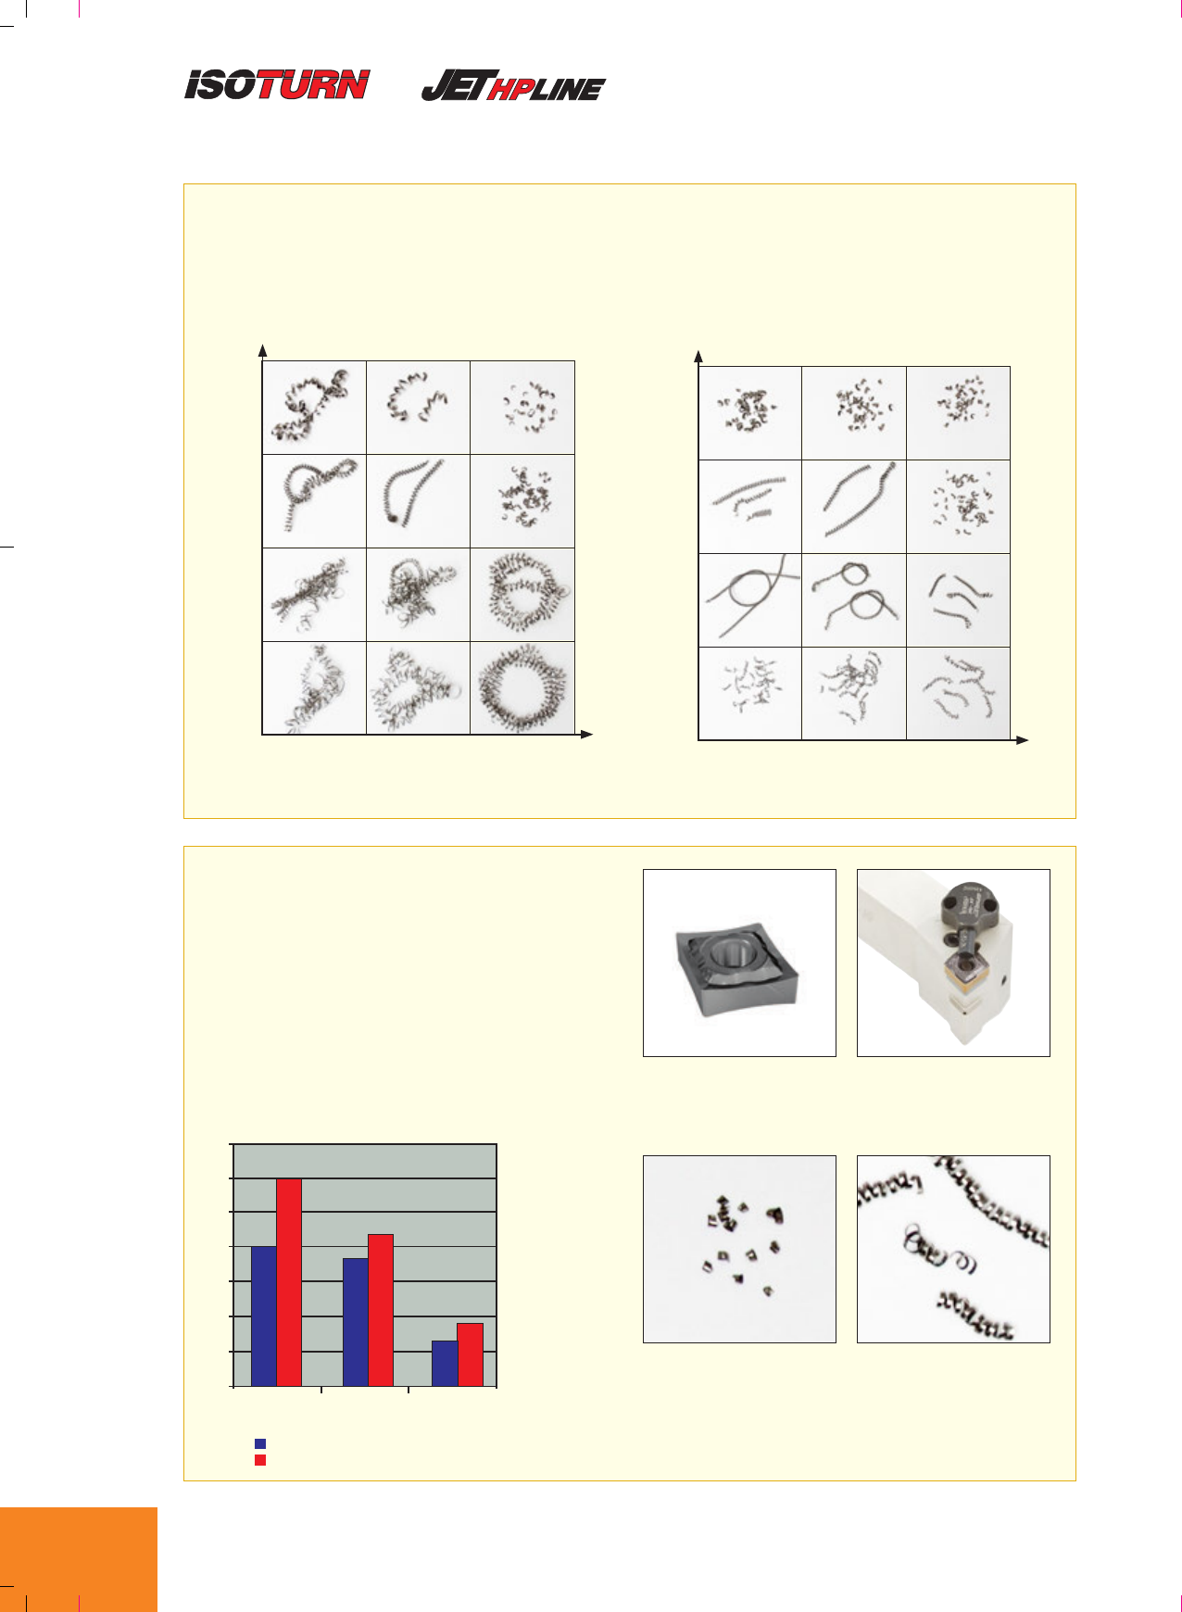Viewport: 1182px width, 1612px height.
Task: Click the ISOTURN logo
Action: pos(277,85)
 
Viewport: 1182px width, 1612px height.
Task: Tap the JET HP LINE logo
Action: pos(513,86)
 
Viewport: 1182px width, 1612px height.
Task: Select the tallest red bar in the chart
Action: pos(289,1282)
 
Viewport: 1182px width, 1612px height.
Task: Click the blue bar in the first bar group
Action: pos(264,1316)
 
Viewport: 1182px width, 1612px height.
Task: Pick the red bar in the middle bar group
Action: pos(381,1310)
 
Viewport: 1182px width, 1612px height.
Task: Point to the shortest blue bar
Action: pos(445,1363)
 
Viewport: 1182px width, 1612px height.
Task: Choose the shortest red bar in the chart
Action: pos(471,1354)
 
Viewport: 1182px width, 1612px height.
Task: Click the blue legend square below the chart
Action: pos(260,1443)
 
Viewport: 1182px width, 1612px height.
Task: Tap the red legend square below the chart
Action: pos(260,1460)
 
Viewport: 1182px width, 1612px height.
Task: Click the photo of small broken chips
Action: pos(739,1249)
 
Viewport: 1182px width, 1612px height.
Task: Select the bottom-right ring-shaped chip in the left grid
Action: pos(522,687)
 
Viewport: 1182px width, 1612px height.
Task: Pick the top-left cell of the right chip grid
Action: pos(749,413)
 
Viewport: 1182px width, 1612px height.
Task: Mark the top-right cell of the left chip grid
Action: pos(522,408)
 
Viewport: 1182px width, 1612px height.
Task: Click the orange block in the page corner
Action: pos(79,1559)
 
